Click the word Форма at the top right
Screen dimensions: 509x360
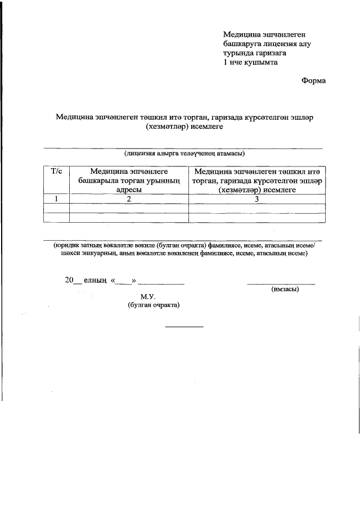tap(313, 80)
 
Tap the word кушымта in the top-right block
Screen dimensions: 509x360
tap(261, 62)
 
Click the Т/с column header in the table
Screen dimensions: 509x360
tap(56, 170)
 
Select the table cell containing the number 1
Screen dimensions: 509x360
tap(56, 199)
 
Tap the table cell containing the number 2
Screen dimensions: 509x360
tap(129, 199)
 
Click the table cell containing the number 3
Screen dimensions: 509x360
tap(256, 199)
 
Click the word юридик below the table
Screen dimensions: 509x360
tap(67, 245)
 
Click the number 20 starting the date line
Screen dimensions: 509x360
tap(70, 280)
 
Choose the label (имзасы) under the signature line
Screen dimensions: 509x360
tap(285, 289)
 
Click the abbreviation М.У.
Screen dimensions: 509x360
tap(147, 296)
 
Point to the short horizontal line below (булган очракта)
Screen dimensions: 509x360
tap(183, 327)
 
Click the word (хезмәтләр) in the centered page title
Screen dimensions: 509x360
tap(168, 127)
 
